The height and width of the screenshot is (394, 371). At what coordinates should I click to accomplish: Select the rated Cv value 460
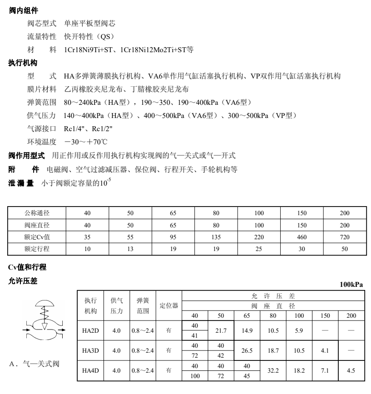point(302,236)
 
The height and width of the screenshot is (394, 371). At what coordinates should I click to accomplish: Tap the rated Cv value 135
point(215,236)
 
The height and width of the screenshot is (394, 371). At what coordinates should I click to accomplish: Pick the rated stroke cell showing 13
point(130,249)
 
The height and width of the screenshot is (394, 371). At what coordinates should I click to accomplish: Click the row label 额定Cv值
point(36,236)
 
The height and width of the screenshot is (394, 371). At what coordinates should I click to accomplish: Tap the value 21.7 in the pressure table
point(221,331)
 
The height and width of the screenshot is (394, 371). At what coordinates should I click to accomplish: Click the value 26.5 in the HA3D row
point(247,351)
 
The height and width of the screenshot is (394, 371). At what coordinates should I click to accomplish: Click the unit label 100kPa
point(351,285)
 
